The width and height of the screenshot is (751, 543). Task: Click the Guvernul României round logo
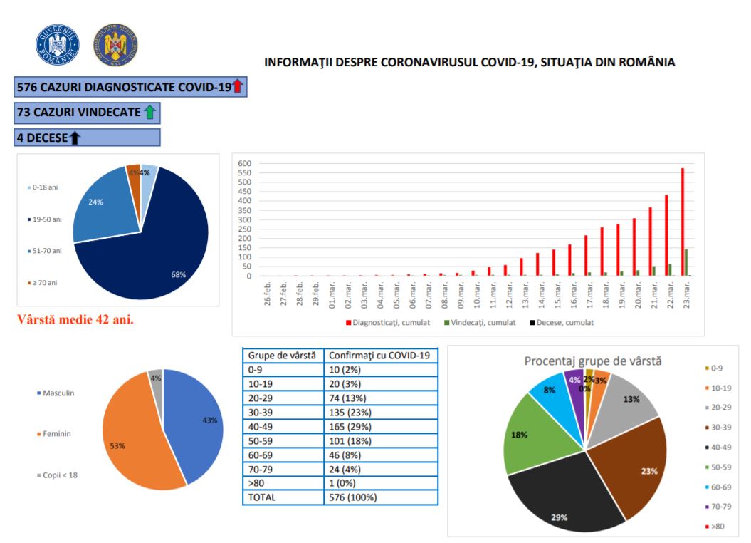click(x=57, y=46)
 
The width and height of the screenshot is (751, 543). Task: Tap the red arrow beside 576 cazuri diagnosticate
click(x=238, y=87)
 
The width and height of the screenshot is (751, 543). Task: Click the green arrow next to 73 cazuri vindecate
click(x=149, y=112)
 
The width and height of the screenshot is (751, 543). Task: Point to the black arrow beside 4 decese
click(x=74, y=137)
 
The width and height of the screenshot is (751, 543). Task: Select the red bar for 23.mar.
click(x=683, y=222)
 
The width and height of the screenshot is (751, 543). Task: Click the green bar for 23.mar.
click(x=687, y=262)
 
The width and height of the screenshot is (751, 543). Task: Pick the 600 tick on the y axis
click(x=244, y=163)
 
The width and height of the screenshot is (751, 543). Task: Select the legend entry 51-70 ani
click(x=45, y=250)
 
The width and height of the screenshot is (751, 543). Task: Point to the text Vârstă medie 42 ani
click(x=75, y=319)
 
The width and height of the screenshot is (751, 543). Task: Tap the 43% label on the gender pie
click(x=209, y=420)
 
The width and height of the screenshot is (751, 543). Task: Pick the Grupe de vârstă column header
click(x=281, y=354)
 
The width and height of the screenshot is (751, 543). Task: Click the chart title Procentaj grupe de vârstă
click(x=593, y=361)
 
